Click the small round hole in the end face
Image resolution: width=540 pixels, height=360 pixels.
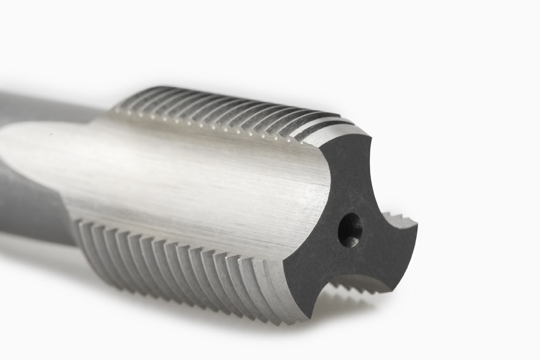click(349, 229)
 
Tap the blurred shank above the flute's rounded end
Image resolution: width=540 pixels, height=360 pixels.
click(38, 105)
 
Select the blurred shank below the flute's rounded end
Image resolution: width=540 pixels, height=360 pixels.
click(32, 203)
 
